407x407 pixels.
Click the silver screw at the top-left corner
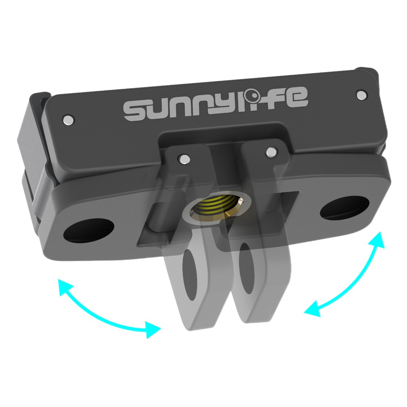pos(68,120)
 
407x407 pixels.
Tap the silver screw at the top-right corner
pos(361,95)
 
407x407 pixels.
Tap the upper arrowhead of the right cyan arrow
pos(378,239)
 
